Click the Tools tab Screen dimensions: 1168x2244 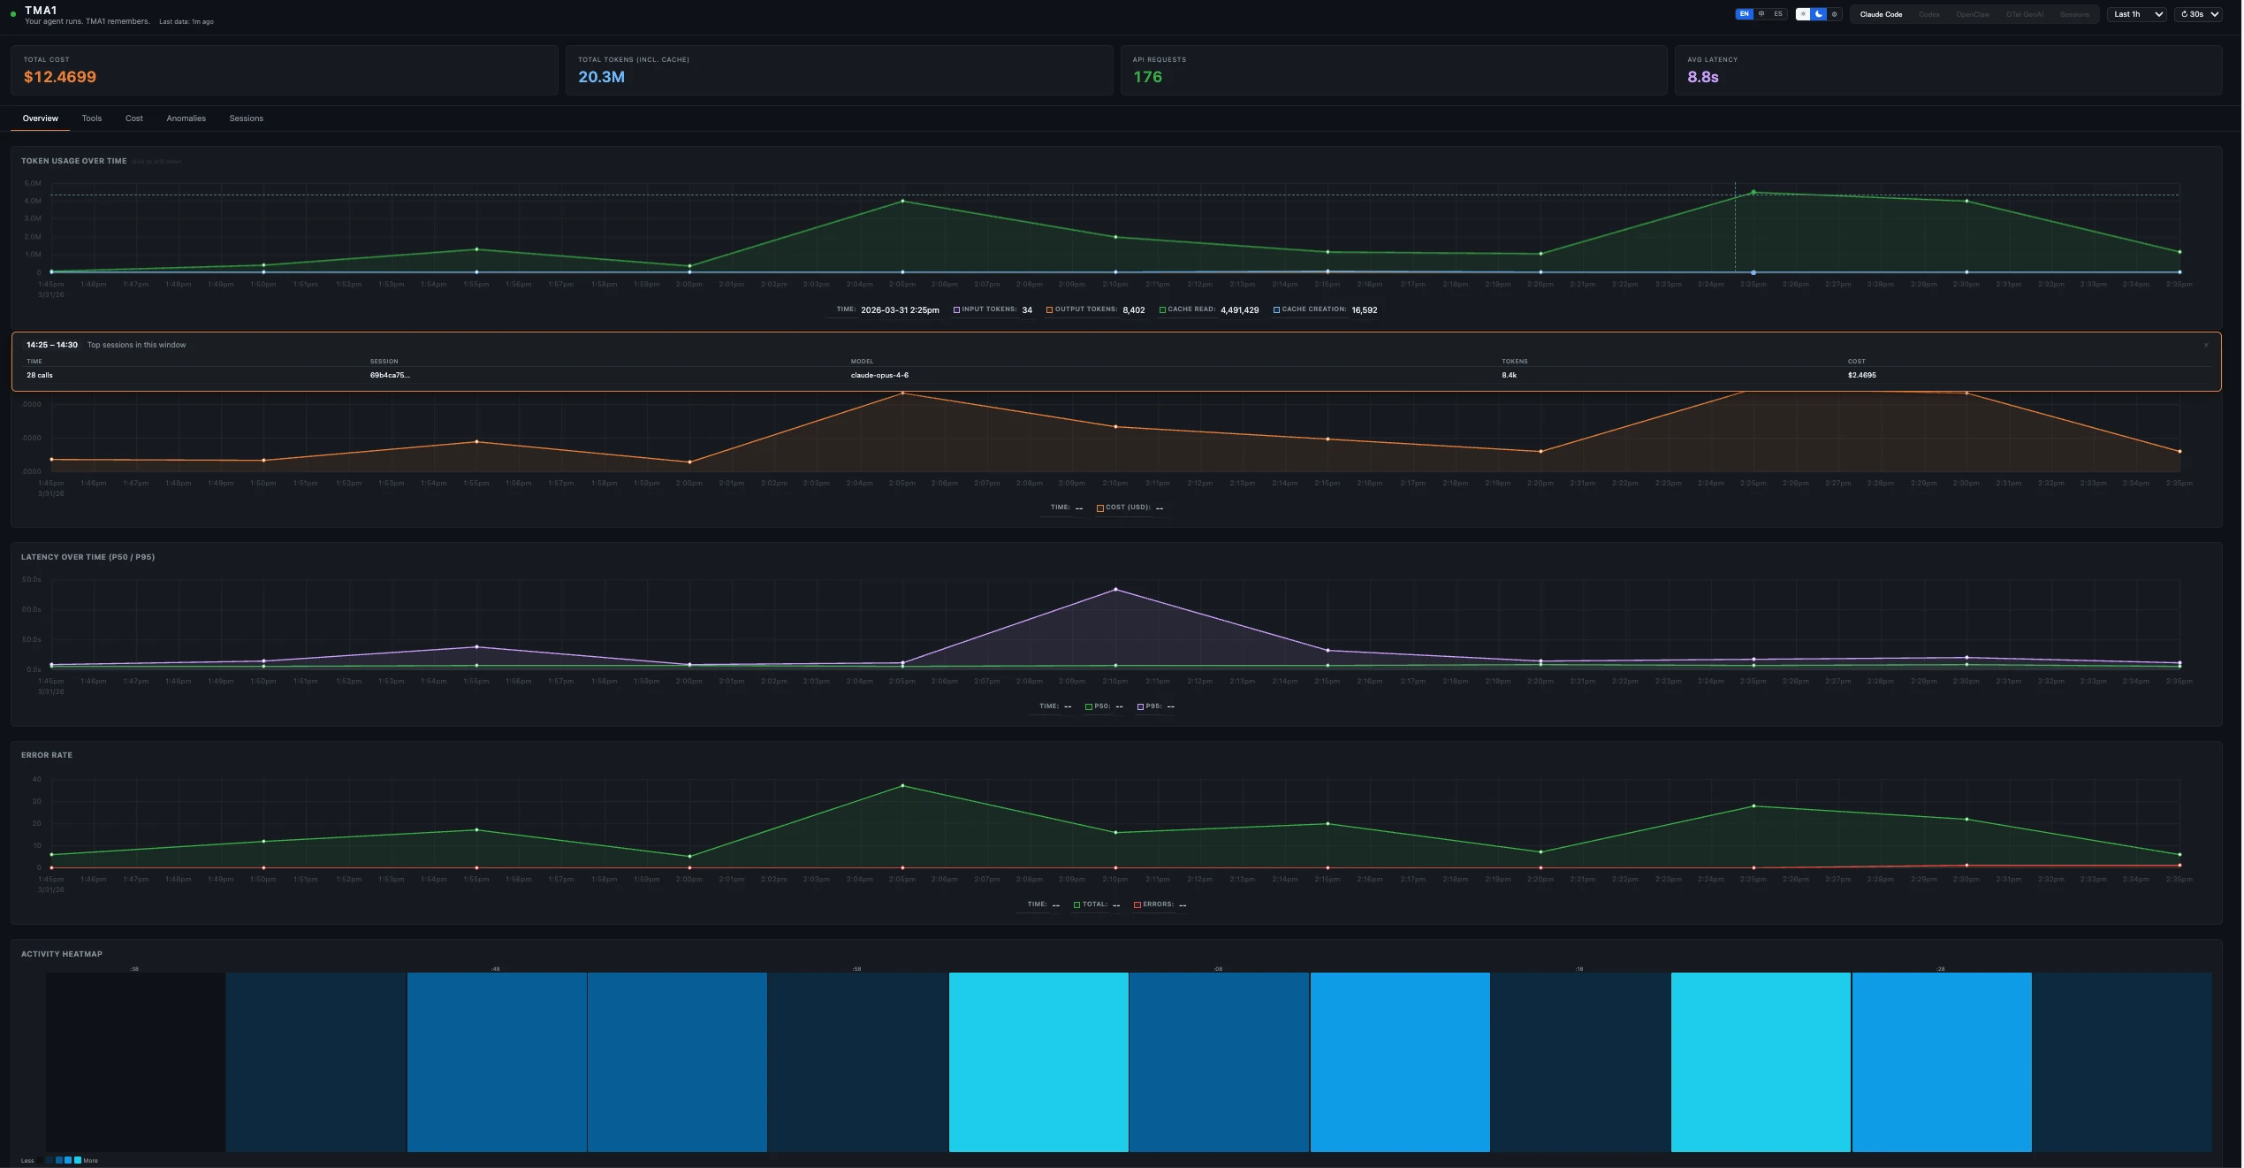pos(92,118)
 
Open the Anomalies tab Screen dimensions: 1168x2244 pos(186,118)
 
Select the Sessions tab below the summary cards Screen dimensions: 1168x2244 pos(246,118)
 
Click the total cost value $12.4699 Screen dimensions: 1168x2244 pos(60,77)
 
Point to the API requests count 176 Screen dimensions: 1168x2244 pos(1147,77)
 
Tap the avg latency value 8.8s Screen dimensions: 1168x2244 pos(1702,77)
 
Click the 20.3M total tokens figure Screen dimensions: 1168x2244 pos(601,77)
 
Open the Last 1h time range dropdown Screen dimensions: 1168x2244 pos(2137,14)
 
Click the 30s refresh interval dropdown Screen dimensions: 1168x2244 pos(2197,14)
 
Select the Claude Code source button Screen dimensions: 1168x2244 pos(1880,14)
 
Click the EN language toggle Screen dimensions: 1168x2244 pos(1744,14)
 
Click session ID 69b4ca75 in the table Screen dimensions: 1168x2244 pos(389,375)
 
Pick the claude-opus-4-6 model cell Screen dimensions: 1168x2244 pos(879,375)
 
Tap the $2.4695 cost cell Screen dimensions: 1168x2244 pos(1861,375)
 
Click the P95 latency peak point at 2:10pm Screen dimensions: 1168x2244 pos(1115,589)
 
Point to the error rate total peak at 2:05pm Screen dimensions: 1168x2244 pos(902,785)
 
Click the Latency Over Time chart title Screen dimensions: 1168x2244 pos(87,557)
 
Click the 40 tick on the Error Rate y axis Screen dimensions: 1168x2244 pos(36,779)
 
